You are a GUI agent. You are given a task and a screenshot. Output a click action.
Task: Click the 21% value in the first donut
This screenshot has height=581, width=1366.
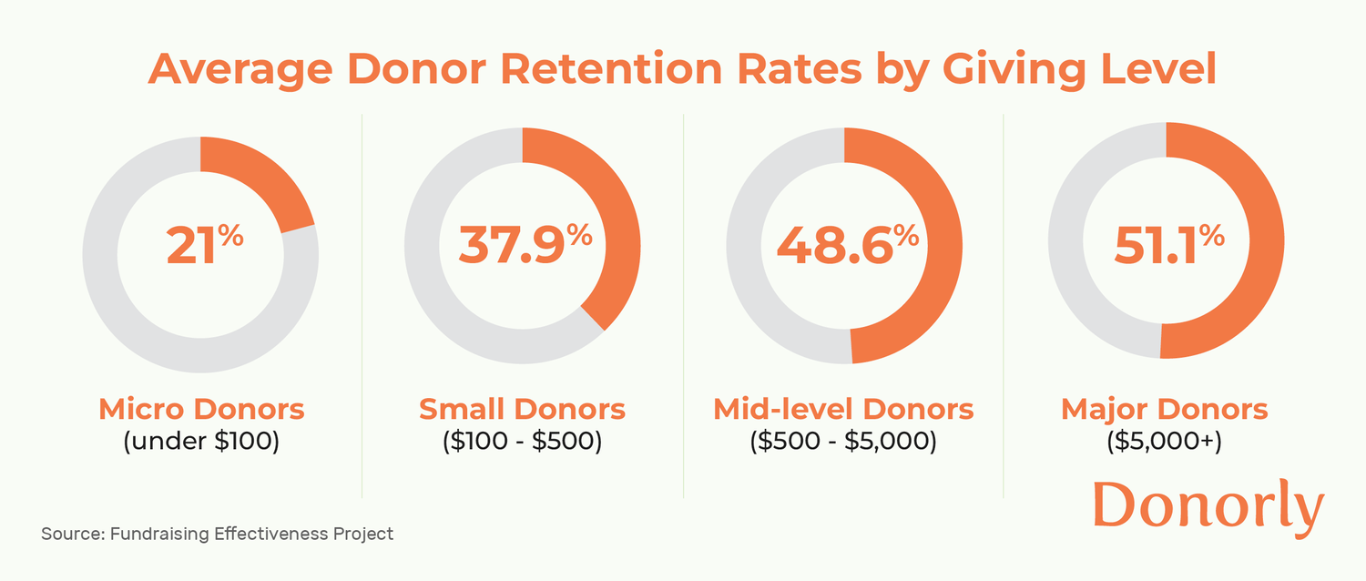point(204,245)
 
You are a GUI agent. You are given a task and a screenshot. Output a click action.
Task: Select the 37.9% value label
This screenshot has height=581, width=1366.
point(524,245)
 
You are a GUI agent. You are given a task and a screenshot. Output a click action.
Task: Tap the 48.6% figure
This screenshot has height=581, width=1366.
point(846,245)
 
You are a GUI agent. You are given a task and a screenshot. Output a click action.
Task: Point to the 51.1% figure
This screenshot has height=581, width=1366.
point(1168,245)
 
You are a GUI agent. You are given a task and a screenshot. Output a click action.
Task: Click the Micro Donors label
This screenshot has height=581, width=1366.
point(201,410)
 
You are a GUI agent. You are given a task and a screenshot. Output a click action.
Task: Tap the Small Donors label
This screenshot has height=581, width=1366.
point(522,410)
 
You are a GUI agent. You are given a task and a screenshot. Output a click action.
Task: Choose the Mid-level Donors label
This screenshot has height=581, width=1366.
point(843,410)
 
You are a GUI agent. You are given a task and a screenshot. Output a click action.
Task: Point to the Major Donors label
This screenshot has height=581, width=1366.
point(1164,410)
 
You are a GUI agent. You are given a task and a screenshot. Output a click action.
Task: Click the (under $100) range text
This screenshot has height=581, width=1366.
point(201,442)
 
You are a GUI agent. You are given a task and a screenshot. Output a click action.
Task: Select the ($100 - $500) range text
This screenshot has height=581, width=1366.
point(522,442)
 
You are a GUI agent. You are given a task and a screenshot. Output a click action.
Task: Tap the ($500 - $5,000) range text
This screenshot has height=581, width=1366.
point(843,442)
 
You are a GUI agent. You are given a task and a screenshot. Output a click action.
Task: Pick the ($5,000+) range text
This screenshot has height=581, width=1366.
point(1164,442)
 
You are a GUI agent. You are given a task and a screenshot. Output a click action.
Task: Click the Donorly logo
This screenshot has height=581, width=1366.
point(1208,506)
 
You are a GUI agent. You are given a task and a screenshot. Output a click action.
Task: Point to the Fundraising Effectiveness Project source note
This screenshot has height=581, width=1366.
point(217,534)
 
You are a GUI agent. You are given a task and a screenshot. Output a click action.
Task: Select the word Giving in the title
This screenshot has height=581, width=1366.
point(1010,71)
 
